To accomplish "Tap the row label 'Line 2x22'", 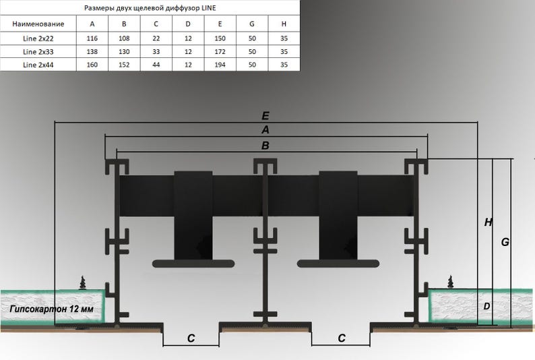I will [38, 38].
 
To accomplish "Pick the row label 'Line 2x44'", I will [38, 65].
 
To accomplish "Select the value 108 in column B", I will [124, 38].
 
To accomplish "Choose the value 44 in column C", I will [156, 65].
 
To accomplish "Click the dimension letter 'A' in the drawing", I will [265, 129].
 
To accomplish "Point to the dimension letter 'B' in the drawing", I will [265, 144].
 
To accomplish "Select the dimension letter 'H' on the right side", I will [487, 222].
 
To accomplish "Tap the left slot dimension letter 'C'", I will [191, 338].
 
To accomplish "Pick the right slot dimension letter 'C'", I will [342, 338].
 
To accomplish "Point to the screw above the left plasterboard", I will [84, 282].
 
